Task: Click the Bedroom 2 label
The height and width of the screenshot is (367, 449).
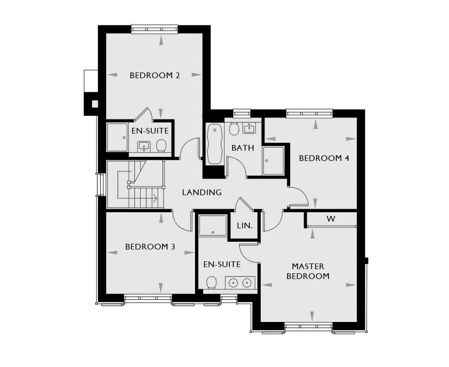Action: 155,76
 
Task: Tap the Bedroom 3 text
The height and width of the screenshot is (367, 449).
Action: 150,247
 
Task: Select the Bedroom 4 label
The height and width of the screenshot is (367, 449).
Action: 324,158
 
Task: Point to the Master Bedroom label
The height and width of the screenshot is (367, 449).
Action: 308,271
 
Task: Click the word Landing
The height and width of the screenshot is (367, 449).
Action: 202,192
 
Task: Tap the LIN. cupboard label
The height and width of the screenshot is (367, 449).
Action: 245,226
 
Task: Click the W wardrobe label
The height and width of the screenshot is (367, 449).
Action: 331,219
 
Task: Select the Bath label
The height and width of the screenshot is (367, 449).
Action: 243,148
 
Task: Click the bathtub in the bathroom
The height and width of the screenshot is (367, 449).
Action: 214,144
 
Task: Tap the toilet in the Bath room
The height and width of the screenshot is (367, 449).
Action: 234,129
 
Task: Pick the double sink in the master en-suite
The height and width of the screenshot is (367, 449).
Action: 240,283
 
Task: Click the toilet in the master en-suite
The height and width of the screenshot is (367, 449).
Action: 212,283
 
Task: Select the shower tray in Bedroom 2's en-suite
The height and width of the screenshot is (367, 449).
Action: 117,137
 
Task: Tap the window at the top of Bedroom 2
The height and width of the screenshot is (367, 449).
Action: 155,29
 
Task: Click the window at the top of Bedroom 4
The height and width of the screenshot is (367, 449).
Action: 309,113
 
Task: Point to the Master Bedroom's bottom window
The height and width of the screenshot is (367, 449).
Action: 309,326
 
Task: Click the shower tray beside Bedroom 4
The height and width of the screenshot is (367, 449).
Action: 274,160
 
